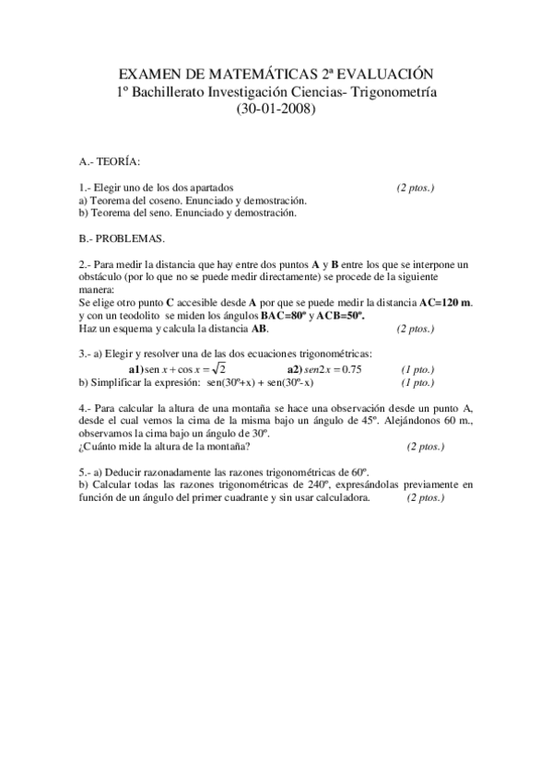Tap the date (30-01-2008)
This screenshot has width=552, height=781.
276,108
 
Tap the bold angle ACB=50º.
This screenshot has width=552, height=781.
341,315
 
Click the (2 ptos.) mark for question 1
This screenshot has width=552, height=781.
416,187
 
